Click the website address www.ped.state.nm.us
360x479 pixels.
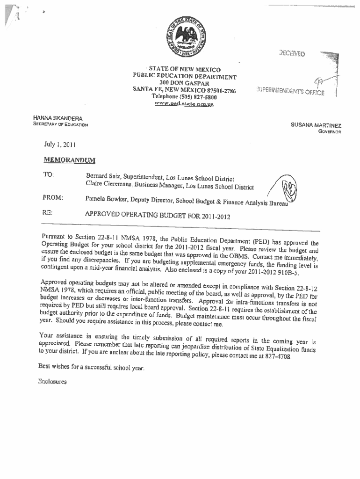point(184,104)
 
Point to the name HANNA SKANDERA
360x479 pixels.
point(58,118)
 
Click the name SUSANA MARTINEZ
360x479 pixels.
point(316,125)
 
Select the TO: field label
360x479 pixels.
point(49,174)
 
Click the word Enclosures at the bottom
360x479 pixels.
point(53,381)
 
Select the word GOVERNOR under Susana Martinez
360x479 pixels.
point(330,132)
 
